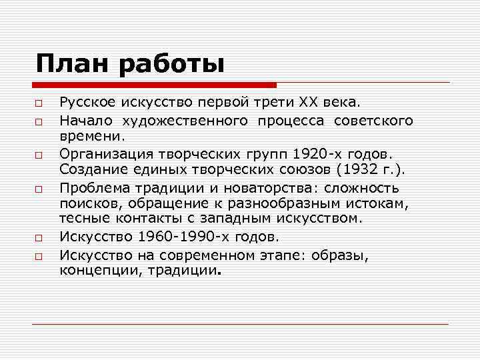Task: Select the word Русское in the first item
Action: coord(89,103)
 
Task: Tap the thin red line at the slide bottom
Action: coord(240,324)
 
